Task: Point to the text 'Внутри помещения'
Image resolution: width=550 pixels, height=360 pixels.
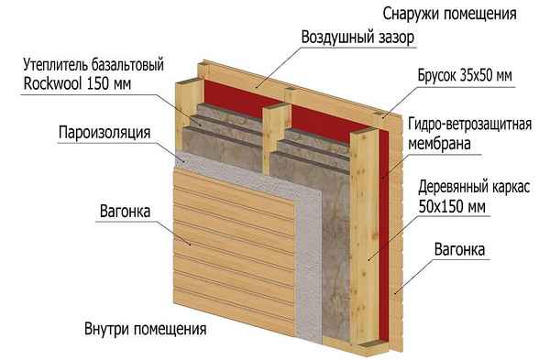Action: click(146, 329)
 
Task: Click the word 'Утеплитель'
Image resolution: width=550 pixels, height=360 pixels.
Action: click(56, 64)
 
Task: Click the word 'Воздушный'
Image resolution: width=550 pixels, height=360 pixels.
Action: click(329, 38)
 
